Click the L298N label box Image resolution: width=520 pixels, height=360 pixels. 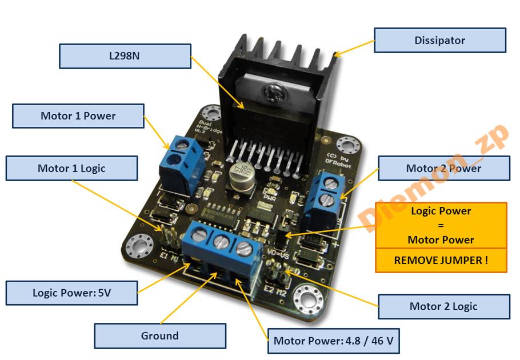[125, 57]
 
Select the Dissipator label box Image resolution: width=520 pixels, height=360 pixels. [440, 41]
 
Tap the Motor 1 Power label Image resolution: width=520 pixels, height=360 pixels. [78, 116]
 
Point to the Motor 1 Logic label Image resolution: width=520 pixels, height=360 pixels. [72, 169]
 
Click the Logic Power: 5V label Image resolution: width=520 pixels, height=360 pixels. [72, 293]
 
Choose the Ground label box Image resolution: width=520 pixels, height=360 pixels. [160, 336]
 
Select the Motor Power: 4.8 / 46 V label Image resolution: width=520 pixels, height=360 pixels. [334, 341]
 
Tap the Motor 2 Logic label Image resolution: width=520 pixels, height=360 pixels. [443, 307]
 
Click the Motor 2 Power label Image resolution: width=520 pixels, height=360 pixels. [443, 169]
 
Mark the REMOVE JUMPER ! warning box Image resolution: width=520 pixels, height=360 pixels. [441, 260]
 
